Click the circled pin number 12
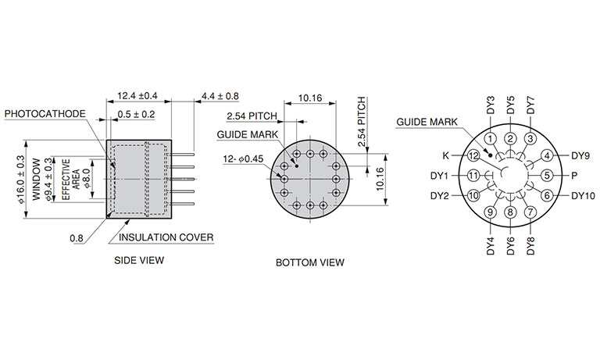click(x=473, y=155)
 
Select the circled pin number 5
click(x=547, y=176)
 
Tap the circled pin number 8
click(x=510, y=212)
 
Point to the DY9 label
click(x=580, y=155)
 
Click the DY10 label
click(x=583, y=196)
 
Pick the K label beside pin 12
click(x=446, y=155)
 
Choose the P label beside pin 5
click(x=574, y=176)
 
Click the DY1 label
click(x=439, y=176)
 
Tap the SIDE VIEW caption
click(x=139, y=261)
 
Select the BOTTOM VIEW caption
click(x=310, y=262)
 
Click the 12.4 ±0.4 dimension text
click(x=137, y=95)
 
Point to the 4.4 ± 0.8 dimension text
click(x=220, y=95)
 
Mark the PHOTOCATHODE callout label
click(x=45, y=114)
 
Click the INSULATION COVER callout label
click(x=166, y=237)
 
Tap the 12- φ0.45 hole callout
click(x=244, y=159)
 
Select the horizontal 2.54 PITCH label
click(x=252, y=116)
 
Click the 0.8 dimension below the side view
click(x=77, y=238)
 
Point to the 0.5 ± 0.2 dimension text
click(x=136, y=114)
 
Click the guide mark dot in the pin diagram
click(x=490, y=155)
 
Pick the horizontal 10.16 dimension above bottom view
click(x=310, y=98)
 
